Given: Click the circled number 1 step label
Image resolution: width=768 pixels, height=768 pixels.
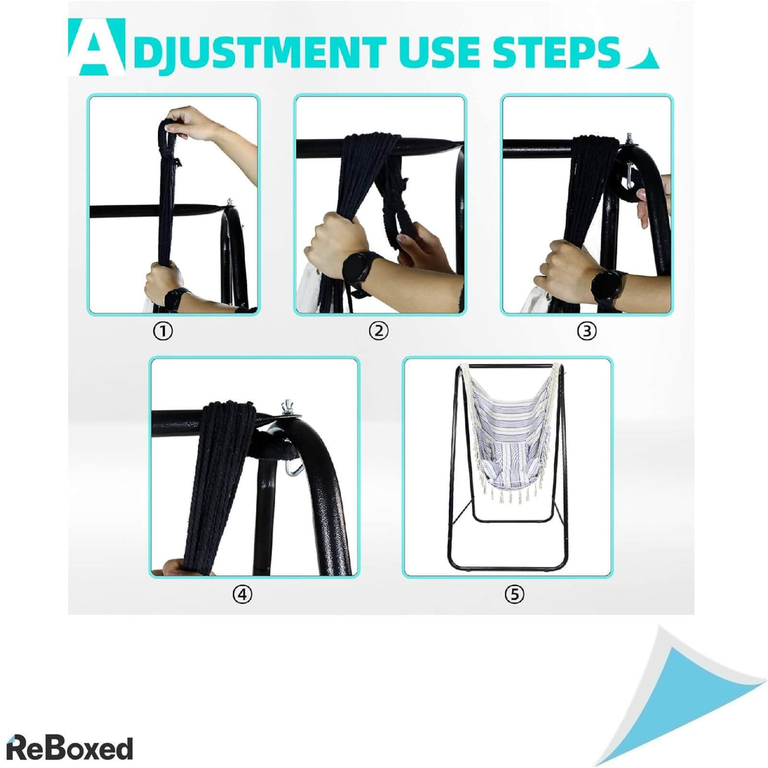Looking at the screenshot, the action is point(163,331).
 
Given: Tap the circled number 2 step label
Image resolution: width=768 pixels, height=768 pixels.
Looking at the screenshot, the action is point(378,331).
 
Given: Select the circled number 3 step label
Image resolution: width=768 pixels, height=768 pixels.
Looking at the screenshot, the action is point(587,331).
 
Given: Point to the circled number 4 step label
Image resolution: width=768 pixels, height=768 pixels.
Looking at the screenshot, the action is point(243,595).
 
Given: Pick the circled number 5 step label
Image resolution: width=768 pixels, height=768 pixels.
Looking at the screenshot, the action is point(514,595).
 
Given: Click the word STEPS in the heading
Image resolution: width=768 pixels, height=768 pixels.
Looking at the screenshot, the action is point(556,52).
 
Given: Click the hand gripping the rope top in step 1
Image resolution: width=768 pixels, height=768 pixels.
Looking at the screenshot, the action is point(191,123).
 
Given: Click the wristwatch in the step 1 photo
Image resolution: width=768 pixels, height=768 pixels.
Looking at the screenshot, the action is point(174,299).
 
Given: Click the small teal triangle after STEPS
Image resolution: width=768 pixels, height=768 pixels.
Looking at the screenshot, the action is point(642,59).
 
